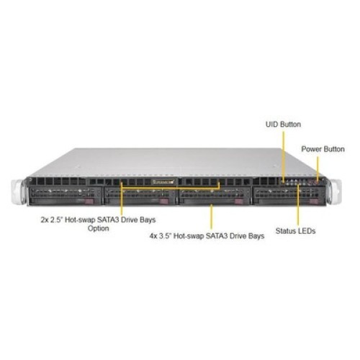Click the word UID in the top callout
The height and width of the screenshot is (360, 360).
pos(272,125)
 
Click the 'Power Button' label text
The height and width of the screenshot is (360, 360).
pos(323,149)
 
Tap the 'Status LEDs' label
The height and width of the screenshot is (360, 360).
pos(295,231)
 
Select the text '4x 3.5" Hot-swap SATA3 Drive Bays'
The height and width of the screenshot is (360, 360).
pos(207,236)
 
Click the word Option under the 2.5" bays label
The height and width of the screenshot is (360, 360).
pos(99,228)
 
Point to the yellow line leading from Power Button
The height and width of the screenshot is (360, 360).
pos(318,168)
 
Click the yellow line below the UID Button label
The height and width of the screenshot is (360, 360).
pos(284,156)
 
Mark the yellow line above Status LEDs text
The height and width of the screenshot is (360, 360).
pos(298,205)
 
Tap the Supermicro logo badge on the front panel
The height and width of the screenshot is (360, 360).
pos(163,182)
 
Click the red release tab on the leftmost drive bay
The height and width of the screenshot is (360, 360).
pos(89,201)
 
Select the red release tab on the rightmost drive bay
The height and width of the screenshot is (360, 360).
pos(314,202)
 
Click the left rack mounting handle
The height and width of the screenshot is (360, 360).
pos(18,192)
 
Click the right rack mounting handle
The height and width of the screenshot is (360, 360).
pos(336,192)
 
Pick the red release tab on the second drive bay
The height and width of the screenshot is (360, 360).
pos(164,201)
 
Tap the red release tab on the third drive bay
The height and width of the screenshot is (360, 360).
pos(239,202)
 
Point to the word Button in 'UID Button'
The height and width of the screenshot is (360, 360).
pos(291,125)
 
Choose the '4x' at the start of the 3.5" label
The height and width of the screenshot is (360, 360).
pos(153,236)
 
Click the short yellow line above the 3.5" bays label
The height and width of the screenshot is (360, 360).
pos(211,217)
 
